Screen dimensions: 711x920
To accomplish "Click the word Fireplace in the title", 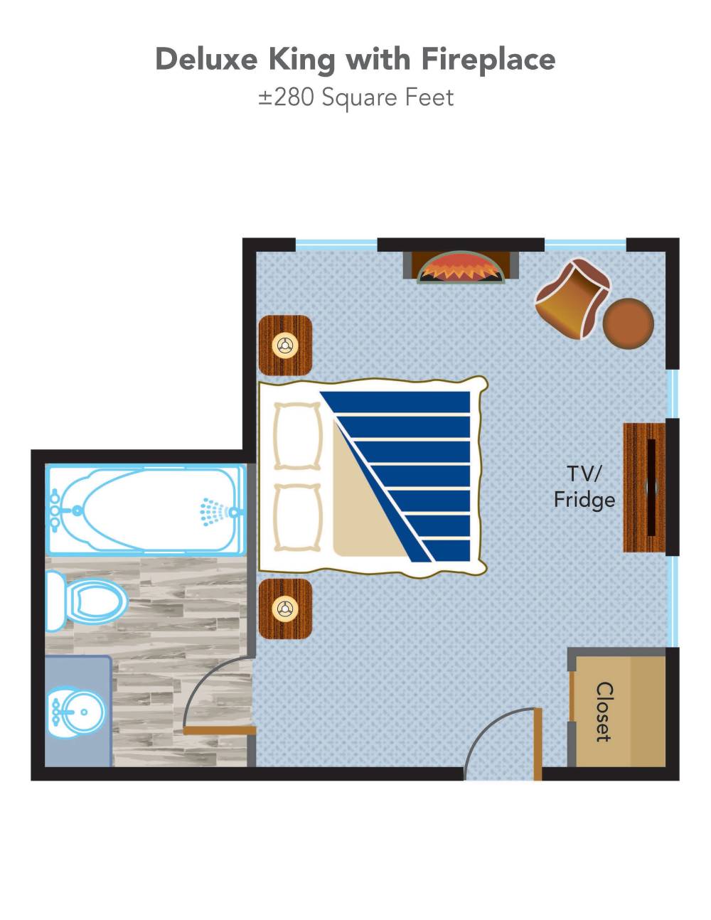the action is click(488, 60).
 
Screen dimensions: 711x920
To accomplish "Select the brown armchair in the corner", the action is click(572, 299).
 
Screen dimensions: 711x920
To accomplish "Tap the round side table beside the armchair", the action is click(629, 324).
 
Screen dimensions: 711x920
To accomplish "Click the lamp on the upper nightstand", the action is click(285, 346).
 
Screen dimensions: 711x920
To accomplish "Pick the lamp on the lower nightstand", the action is click(285, 609).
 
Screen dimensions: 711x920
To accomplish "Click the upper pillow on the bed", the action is click(298, 437).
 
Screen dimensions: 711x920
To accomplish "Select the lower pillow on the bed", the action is click(298, 518).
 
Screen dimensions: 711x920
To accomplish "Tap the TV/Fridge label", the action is click(584, 487).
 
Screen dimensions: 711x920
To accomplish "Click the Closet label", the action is click(604, 712).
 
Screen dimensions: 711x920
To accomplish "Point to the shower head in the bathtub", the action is click(214, 512).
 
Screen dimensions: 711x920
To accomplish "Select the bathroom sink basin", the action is click(75, 712).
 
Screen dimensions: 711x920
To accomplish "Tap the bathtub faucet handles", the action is click(55, 511).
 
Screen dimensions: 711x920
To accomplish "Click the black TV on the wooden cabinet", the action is click(651, 487).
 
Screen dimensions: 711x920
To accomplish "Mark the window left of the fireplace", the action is click(336, 245).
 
